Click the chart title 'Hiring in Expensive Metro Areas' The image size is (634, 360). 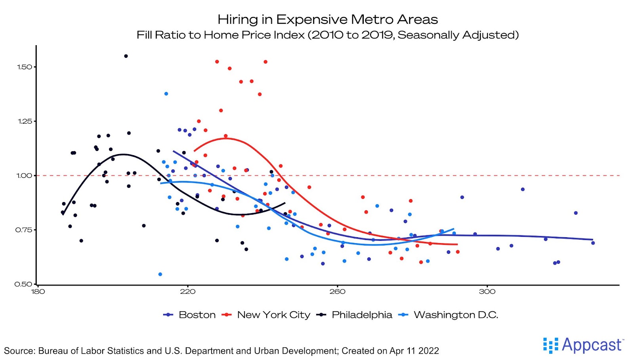[328, 19]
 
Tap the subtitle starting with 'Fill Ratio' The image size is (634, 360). [328, 35]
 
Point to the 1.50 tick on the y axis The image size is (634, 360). [24, 67]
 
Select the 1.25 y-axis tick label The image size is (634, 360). [24, 121]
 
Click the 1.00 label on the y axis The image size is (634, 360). [24, 175]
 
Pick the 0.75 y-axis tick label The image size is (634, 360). [24, 230]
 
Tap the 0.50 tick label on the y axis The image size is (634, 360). [23, 284]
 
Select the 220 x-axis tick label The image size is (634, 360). [187, 292]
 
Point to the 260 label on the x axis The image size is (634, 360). [337, 292]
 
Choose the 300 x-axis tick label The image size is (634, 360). [487, 292]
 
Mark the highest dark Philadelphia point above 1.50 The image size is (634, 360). [126, 56]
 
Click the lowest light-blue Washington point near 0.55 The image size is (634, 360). [160, 274]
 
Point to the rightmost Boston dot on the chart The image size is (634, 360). [593, 243]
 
